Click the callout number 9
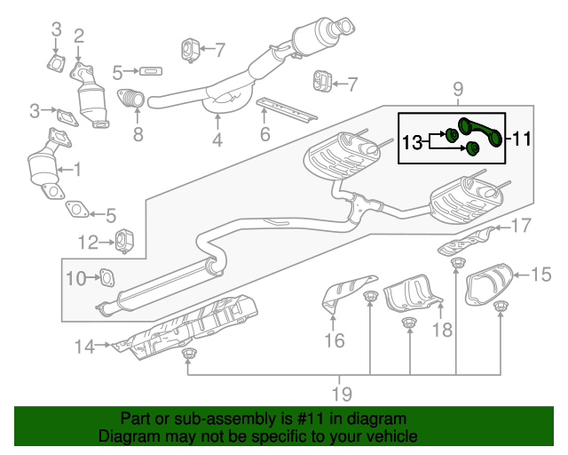coord(458,88)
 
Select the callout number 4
coord(217,139)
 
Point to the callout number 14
coord(83,347)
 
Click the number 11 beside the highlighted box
coord(521,138)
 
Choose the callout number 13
coord(414,141)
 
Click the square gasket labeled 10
coord(105,279)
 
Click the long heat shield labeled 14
coord(191,324)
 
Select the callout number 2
coord(79,36)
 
